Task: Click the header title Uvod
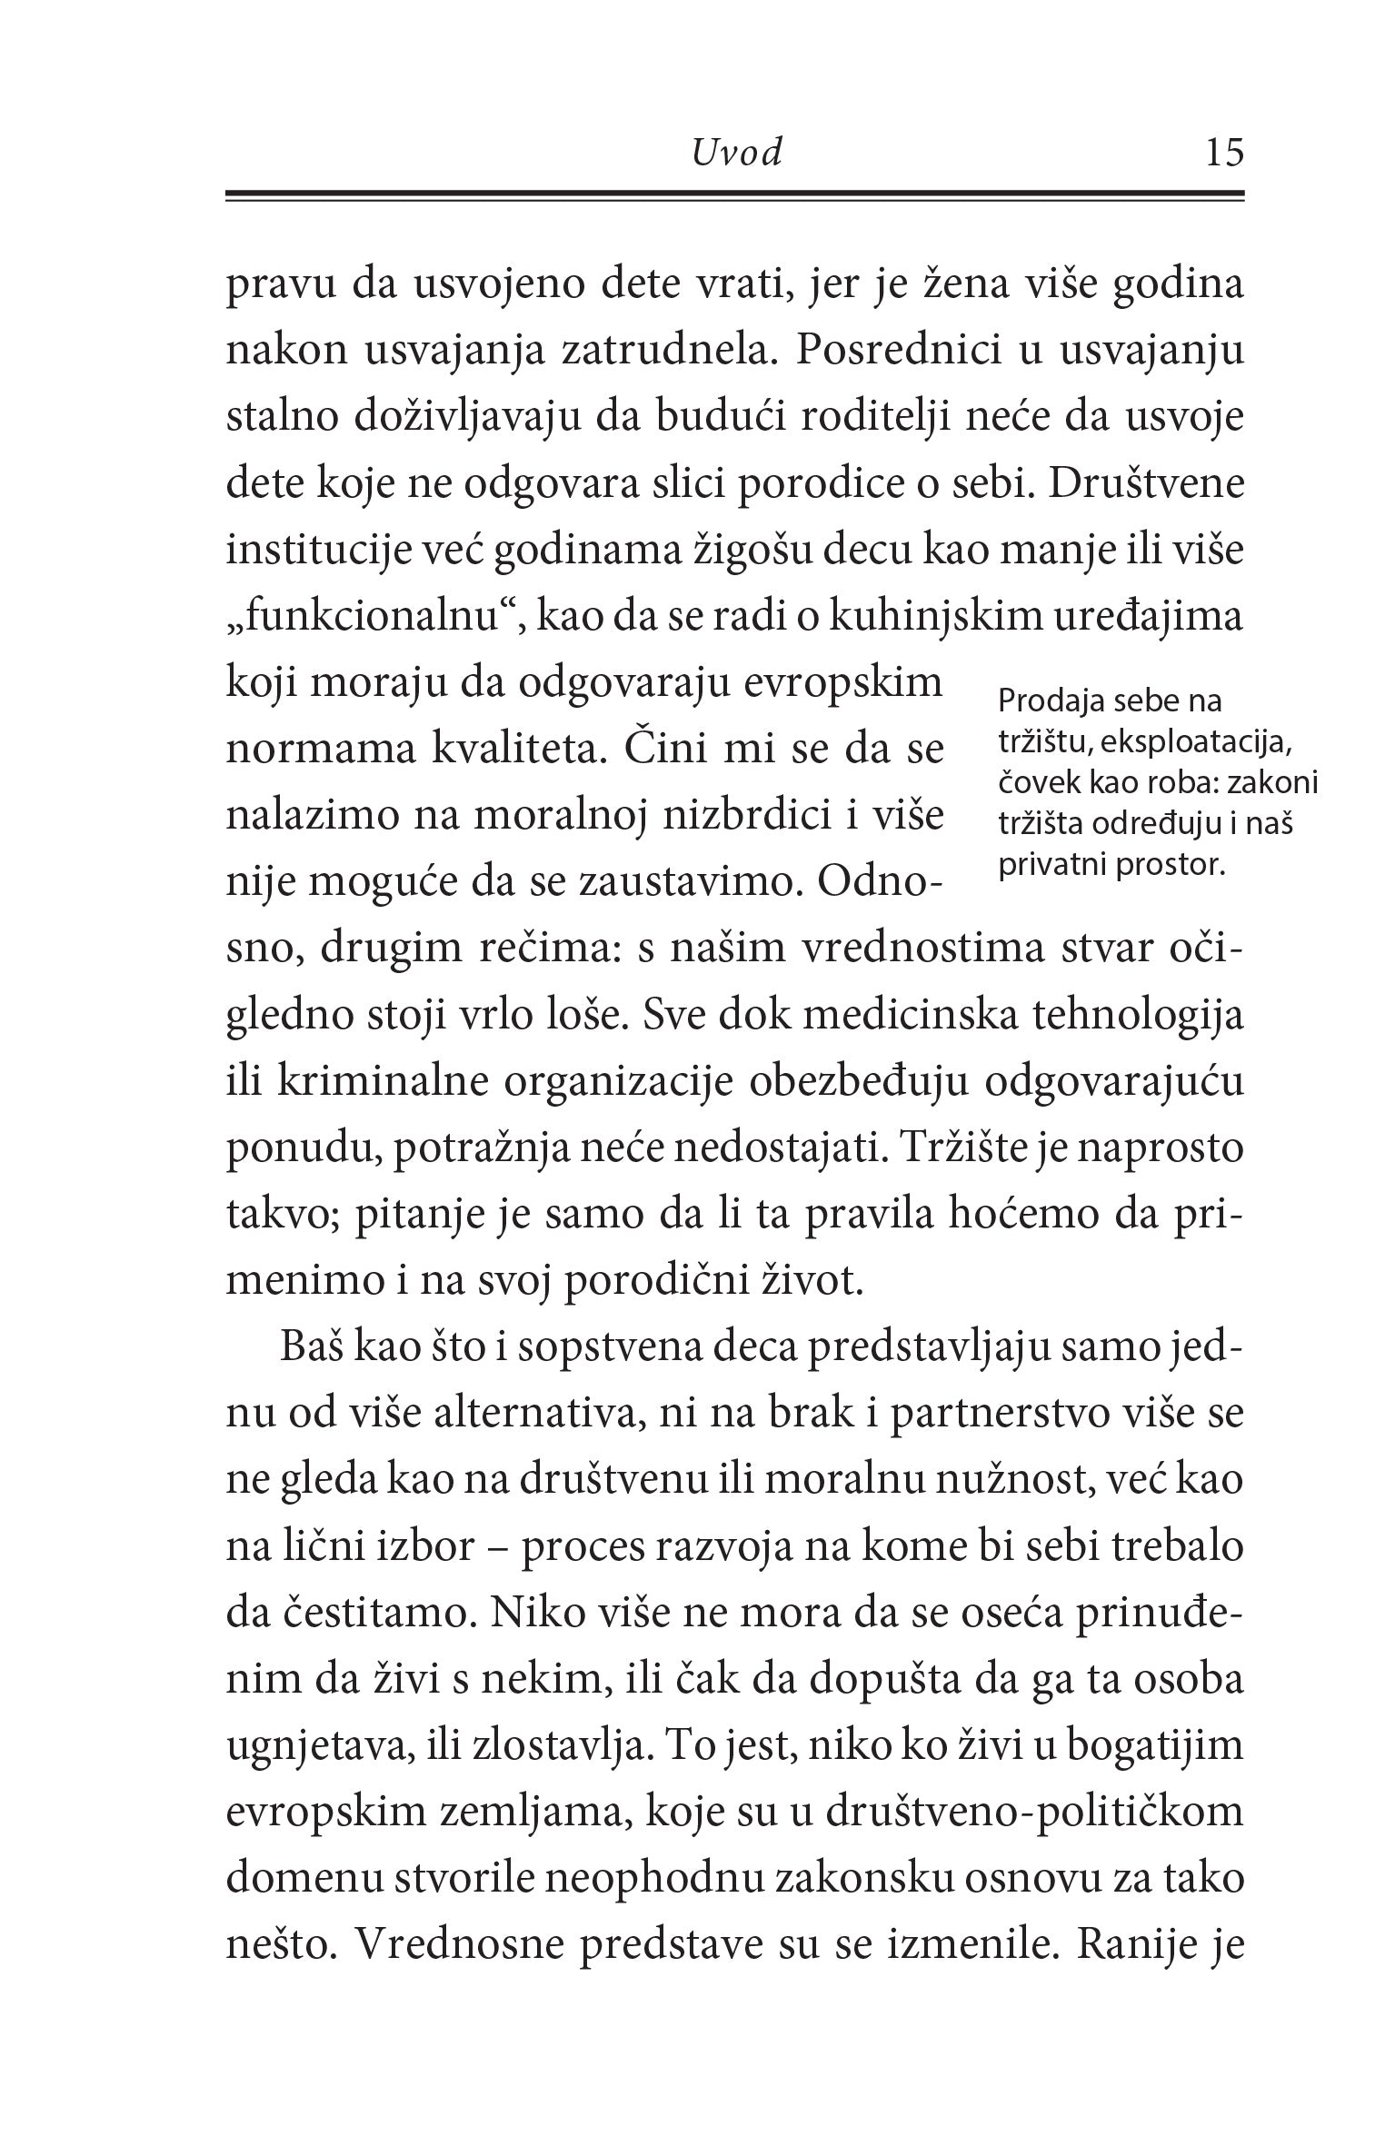[736, 154]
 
